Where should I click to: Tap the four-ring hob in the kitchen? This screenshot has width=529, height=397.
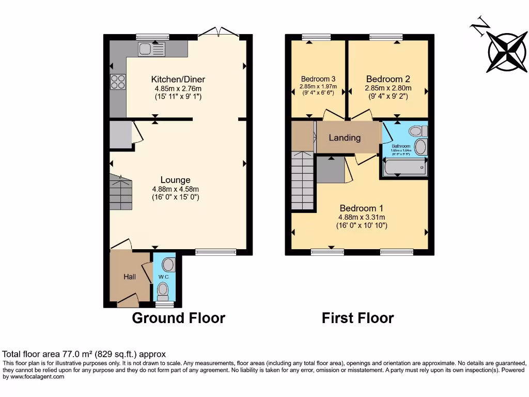[117, 82]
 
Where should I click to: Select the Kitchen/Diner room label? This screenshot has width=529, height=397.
[178, 79]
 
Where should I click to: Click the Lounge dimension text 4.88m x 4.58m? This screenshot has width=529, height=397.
[176, 189]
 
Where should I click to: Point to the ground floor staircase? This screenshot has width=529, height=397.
[121, 192]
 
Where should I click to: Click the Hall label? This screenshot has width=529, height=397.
[129, 277]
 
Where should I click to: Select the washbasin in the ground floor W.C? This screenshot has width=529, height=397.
[168, 265]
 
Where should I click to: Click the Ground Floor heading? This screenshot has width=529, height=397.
[178, 317]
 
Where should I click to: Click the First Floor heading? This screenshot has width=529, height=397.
[357, 317]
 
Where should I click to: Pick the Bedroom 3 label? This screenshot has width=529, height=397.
[318, 79]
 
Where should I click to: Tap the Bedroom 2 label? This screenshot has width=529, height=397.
[388, 79]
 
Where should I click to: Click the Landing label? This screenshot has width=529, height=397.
[345, 138]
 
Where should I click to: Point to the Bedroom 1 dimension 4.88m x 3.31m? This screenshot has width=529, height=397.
[362, 217]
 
